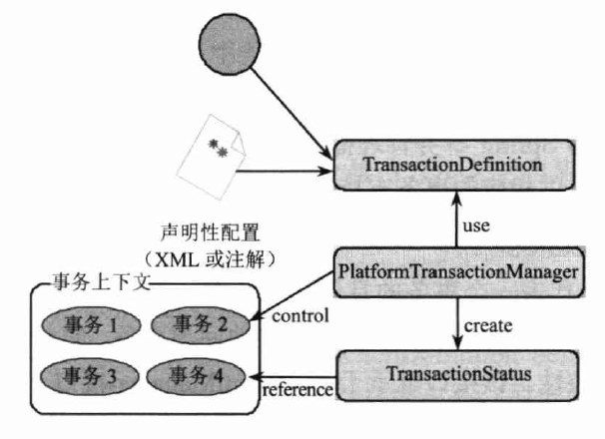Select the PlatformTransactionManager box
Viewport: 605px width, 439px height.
tap(458, 269)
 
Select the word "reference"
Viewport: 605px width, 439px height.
tap(296, 389)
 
